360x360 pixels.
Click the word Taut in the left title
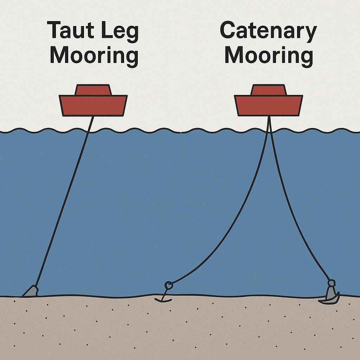(69, 31)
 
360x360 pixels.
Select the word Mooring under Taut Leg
(94, 56)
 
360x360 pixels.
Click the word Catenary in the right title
(268, 31)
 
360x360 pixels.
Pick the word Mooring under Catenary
(269, 56)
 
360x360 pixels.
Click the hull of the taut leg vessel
(93, 105)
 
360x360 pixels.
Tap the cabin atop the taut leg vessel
(93, 90)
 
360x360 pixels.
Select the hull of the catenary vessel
(268, 105)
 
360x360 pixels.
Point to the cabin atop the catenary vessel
(268, 90)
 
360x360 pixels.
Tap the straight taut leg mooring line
(63, 204)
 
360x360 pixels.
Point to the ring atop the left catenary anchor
(168, 284)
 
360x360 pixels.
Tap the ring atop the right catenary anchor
(331, 282)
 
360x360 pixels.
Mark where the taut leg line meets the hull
(94, 116)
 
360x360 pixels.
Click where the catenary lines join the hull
(269, 116)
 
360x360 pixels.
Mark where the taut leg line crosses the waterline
(88, 131)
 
